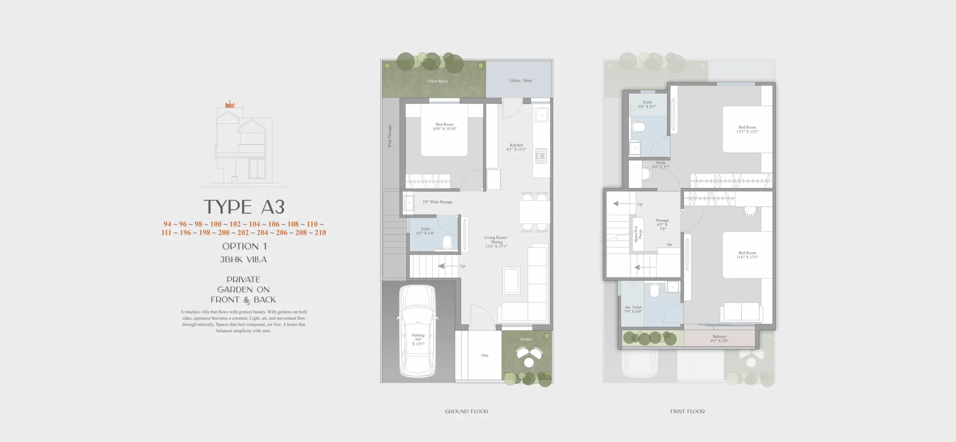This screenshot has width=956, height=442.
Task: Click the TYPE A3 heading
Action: click(244, 207)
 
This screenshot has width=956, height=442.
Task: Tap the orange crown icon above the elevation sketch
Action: click(230, 104)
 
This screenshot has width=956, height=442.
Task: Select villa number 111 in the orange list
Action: click(166, 233)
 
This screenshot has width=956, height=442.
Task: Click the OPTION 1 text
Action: click(244, 246)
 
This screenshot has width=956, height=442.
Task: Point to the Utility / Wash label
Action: click(521, 81)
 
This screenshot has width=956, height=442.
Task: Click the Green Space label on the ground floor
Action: click(437, 81)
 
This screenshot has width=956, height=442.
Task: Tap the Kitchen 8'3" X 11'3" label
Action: click(516, 147)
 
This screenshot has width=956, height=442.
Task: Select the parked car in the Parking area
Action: click(418, 332)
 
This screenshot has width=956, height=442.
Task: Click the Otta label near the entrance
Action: click(484, 355)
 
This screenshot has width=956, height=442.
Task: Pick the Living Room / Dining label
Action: click(496, 242)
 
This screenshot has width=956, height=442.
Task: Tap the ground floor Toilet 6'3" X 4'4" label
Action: click(425, 231)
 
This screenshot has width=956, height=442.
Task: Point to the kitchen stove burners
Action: click(541, 156)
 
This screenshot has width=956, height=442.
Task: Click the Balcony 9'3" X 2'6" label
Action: click(719, 339)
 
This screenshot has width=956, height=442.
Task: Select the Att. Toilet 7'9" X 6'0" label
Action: click(633, 309)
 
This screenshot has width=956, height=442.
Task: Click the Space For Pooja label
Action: click(638, 234)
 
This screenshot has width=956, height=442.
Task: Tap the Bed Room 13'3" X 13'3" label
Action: click(747, 129)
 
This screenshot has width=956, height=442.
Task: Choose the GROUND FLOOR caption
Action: click(466, 411)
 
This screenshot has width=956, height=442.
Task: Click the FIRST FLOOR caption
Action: click(687, 411)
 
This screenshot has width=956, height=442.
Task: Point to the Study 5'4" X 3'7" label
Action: click(661, 165)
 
